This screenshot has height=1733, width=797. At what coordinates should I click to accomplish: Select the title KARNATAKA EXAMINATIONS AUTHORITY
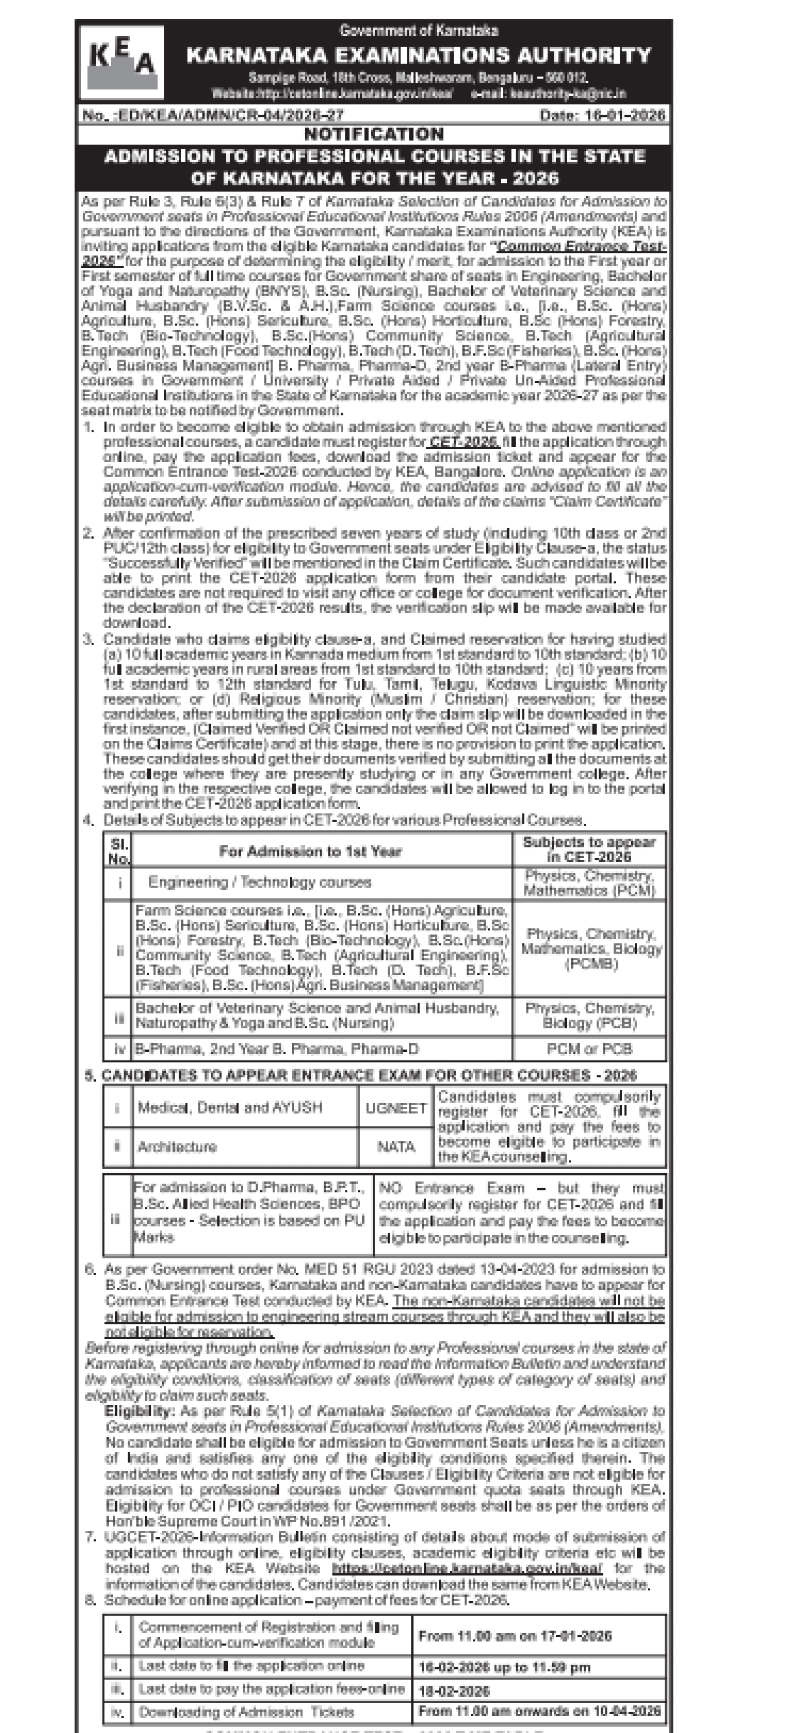419,55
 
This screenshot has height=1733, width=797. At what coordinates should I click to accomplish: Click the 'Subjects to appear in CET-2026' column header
589,849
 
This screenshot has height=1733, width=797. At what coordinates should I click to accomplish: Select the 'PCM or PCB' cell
589,1048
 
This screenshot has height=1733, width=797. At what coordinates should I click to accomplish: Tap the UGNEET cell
396,1107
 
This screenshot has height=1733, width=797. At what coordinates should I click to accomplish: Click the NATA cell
396,1146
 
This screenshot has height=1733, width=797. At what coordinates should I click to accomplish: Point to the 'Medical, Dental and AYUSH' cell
229,1107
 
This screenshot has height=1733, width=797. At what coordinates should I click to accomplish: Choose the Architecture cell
177,1146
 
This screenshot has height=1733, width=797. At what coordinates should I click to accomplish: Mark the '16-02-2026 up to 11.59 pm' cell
504,1667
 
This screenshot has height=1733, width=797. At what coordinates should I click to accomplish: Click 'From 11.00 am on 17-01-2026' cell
514,1636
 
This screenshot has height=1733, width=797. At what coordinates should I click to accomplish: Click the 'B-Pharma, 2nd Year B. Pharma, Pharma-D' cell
277,1048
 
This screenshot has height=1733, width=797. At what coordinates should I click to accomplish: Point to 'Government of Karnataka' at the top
419,30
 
